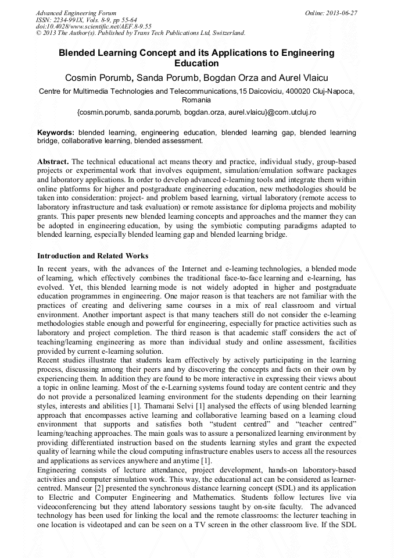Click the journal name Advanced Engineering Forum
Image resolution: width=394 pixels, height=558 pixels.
pos(76,13)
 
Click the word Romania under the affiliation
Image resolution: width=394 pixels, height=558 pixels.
pos(196,100)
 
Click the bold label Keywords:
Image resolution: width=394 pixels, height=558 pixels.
pos(56,132)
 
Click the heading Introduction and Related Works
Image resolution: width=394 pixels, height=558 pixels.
pos(92,256)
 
